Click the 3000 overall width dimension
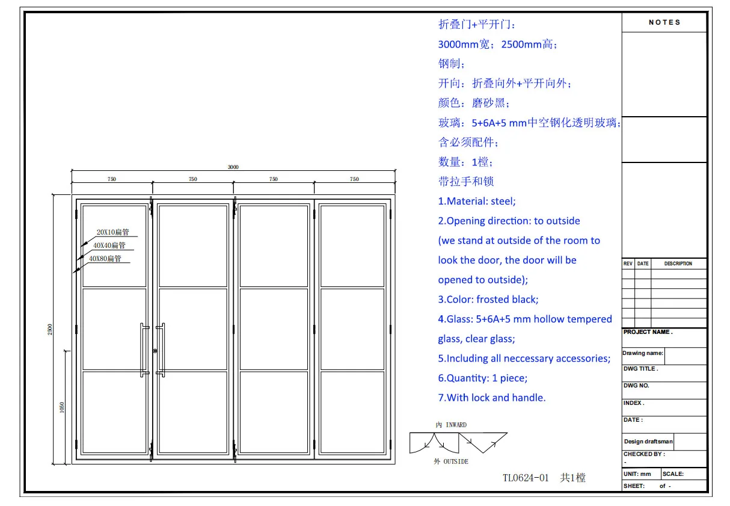click(233, 167)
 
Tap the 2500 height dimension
click(51, 329)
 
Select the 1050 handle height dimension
click(62, 407)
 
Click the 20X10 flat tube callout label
click(113, 232)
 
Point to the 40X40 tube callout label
click(109, 245)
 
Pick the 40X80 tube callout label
click(105, 259)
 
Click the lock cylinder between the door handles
click(155, 351)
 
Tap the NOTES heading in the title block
click(664, 22)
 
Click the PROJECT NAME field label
click(648, 332)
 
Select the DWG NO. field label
click(636, 386)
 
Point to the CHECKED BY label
click(644, 454)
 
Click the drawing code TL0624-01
click(526, 478)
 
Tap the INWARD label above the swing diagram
click(451, 425)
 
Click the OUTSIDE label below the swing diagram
click(451, 461)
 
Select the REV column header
click(628, 264)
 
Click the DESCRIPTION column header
click(678, 264)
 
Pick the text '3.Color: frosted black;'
click(488, 300)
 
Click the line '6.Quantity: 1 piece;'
click(482, 378)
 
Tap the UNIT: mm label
click(637, 474)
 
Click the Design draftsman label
click(648, 442)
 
